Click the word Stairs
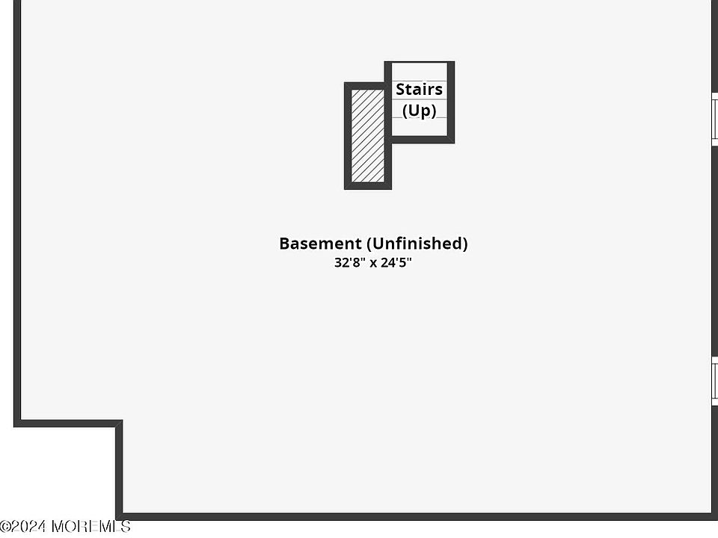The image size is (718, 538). coord(419,90)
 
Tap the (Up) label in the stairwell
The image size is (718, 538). coord(419,111)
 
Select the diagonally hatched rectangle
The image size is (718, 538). coord(367,135)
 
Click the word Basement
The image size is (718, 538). coord(319,244)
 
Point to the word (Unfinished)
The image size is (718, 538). coord(417,244)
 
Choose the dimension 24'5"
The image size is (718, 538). coord(396,263)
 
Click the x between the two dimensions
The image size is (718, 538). coord(373,264)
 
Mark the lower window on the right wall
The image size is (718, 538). coord(714,382)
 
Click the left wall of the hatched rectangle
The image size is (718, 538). coord(348,135)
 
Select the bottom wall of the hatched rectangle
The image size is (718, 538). coord(367,185)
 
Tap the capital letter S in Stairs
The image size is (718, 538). coord(400,90)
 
